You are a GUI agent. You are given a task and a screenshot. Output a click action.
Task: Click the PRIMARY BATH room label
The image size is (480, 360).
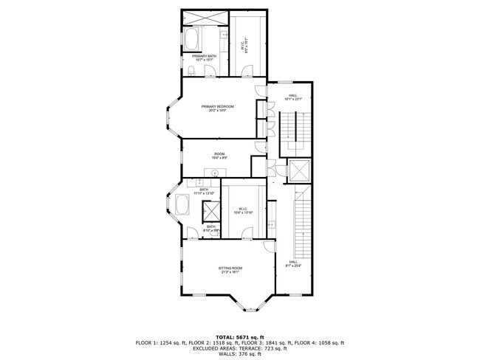coord(205,56)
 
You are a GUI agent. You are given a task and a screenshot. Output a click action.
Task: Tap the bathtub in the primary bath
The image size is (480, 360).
coord(196,37)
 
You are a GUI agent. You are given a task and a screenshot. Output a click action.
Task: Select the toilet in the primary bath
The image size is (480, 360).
coord(191,71)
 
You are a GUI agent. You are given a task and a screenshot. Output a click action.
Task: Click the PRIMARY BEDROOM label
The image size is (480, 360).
coord(218,106)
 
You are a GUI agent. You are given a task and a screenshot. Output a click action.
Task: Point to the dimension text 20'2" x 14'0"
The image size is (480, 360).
coord(218,111)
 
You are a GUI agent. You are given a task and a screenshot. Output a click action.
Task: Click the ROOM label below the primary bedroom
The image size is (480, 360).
coord(219,153)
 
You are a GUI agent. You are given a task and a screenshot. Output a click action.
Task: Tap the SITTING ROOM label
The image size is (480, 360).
coord(230,267)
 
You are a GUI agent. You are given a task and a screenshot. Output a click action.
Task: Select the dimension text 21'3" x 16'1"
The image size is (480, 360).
coord(230,271)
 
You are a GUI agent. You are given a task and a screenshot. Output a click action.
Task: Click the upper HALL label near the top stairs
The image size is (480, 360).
coord(293,95)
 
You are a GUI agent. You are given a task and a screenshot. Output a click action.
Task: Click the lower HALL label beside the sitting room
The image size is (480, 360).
coord(293,262)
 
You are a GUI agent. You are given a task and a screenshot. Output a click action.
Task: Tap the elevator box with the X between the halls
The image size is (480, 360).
coord(298,170)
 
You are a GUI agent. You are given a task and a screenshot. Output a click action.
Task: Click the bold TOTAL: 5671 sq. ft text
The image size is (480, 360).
coord(240,336)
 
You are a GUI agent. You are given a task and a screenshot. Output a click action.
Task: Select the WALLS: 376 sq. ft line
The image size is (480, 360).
coord(240,354)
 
